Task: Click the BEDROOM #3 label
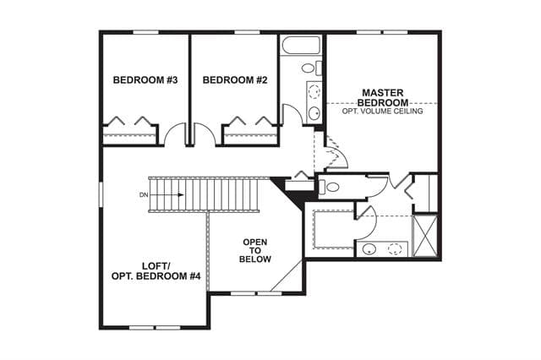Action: [145, 80]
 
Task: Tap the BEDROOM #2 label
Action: [235, 80]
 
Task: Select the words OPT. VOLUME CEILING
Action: [382, 111]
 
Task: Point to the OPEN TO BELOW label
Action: [255, 251]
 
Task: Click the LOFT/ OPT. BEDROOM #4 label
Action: [156, 271]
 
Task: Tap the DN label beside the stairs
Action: [144, 195]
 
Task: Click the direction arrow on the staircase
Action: [167, 195]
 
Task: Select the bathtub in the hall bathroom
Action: [301, 45]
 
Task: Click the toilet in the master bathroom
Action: [329, 188]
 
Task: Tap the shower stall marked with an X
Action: [425, 237]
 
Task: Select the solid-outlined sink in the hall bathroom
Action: [314, 112]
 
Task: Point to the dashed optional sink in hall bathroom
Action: [314, 91]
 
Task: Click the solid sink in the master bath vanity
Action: [369, 249]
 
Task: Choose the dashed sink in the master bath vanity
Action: [395, 249]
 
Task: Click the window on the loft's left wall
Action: [101, 194]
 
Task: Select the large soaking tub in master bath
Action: [333, 229]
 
